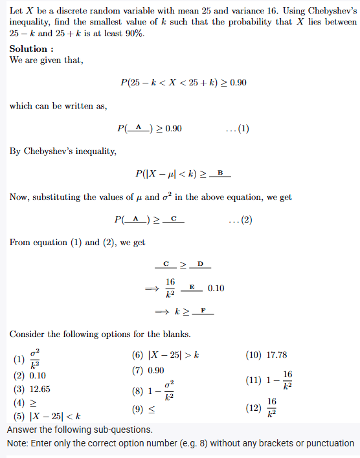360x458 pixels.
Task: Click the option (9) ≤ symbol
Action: [x=152, y=410]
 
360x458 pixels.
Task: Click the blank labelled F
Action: [x=203, y=312]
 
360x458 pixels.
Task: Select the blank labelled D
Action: [x=201, y=265]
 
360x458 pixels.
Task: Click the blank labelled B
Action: [x=220, y=173]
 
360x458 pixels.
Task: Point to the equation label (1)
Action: [x=243, y=129]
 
